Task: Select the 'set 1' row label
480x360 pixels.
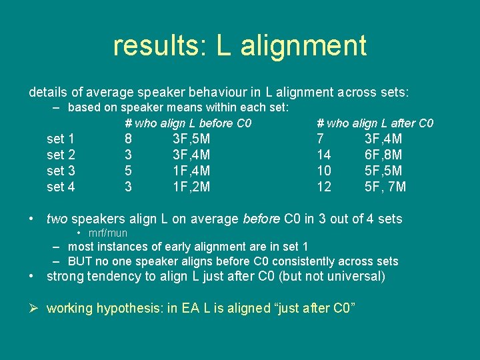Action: [61, 139]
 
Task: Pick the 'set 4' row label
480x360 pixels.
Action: [61, 187]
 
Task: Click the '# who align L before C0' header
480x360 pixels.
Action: [188, 123]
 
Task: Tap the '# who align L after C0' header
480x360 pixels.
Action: [375, 123]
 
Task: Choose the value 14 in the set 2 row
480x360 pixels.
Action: [324, 155]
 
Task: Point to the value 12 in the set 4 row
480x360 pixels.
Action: [324, 187]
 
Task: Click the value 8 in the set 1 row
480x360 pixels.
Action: [128, 139]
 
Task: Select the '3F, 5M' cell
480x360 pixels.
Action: [191, 139]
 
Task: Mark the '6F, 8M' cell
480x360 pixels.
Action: [383, 155]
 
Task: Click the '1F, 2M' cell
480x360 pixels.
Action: [191, 187]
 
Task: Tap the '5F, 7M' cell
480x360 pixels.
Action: [385, 187]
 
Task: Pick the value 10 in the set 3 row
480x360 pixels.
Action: [324, 171]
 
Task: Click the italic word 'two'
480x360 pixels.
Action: [57, 219]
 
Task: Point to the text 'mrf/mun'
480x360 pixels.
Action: [108, 233]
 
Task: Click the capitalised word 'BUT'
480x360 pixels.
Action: [80, 261]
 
